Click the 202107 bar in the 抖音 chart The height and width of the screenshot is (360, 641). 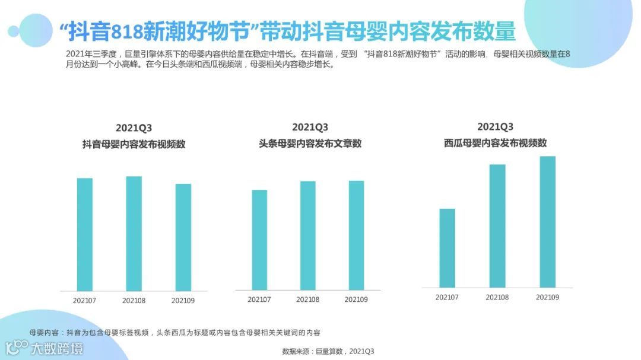point(85,234)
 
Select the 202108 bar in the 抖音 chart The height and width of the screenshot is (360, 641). point(134,233)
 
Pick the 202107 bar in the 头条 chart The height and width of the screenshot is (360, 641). point(259,240)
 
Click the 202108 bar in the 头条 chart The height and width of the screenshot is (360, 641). point(307,235)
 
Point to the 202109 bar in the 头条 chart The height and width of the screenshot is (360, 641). point(356,235)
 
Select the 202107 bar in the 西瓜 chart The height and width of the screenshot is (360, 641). point(447,248)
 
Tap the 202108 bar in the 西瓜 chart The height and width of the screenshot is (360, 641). point(497,226)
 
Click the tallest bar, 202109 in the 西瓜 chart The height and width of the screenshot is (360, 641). point(547,222)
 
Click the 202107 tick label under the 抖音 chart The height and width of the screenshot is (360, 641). point(85,300)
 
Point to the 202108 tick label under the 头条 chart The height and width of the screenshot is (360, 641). point(307,300)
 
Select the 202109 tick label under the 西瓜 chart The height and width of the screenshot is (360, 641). point(547,297)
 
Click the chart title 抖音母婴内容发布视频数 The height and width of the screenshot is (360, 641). point(134,144)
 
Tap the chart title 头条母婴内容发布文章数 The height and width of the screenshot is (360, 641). point(310,144)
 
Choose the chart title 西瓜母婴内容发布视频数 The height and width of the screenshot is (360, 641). point(495,143)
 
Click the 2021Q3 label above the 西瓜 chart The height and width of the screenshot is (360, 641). point(495,126)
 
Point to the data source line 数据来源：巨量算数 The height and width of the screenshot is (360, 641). point(328,351)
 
